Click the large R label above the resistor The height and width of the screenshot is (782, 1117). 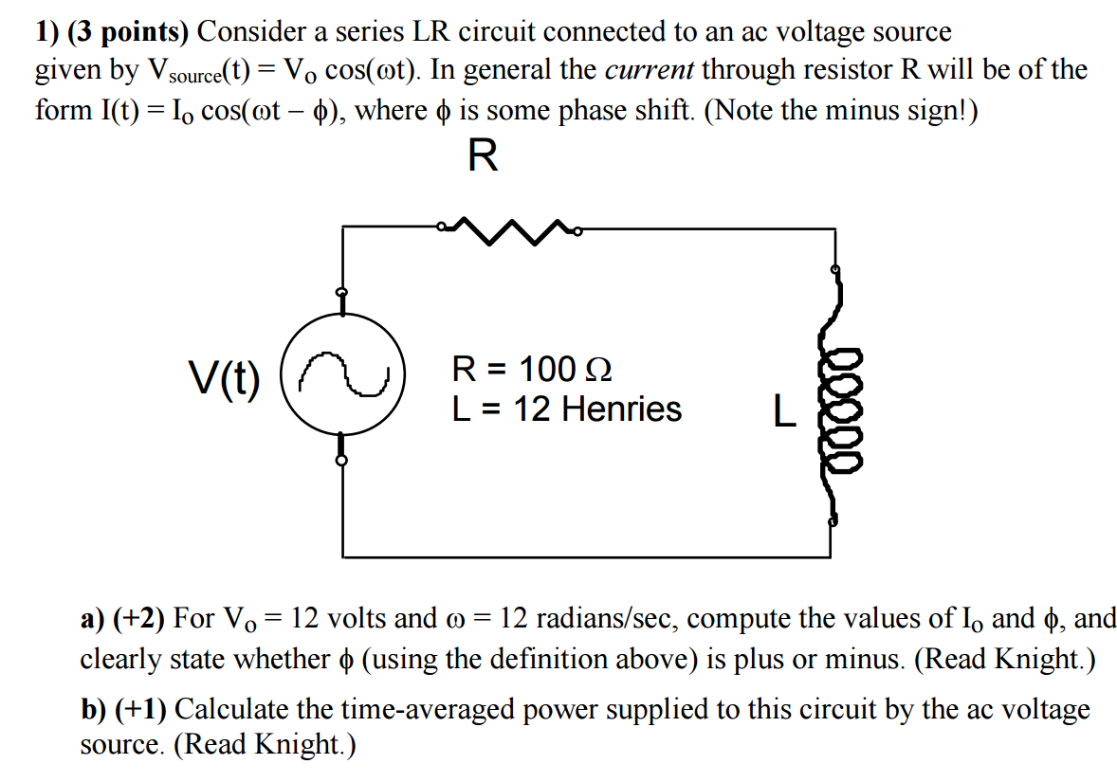pos(483,156)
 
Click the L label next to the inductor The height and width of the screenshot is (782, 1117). pos(782,411)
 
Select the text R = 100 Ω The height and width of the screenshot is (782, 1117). pos(532,368)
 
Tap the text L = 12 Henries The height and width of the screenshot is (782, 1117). pos(566,409)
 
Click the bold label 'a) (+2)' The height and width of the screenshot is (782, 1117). pos(122,619)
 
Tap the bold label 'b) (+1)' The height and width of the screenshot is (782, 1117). pos(123,708)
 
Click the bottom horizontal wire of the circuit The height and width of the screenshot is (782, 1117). pos(588,555)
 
